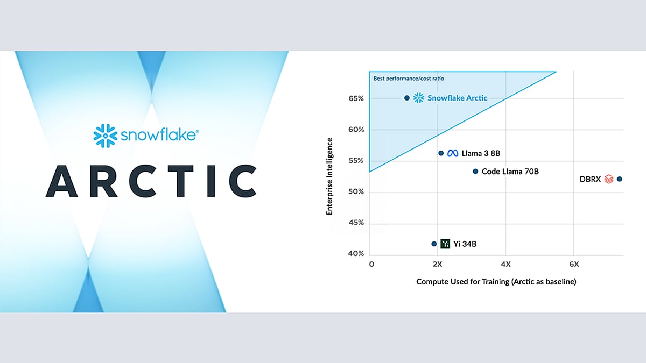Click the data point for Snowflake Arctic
406,98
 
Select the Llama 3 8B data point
441,153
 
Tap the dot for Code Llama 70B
475,172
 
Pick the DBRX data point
619,179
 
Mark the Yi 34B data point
434,244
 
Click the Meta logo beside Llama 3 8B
453,153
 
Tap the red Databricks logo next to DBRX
608,179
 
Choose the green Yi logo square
445,244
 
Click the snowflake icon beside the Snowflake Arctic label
419,98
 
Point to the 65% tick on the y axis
356,98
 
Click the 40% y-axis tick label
356,253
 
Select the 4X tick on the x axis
505,264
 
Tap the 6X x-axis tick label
574,264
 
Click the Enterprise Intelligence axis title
329,176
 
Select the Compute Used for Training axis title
496,281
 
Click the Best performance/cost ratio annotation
409,79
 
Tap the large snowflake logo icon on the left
106,136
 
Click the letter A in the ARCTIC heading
61,181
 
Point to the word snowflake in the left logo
158,135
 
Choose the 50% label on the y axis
356,191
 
